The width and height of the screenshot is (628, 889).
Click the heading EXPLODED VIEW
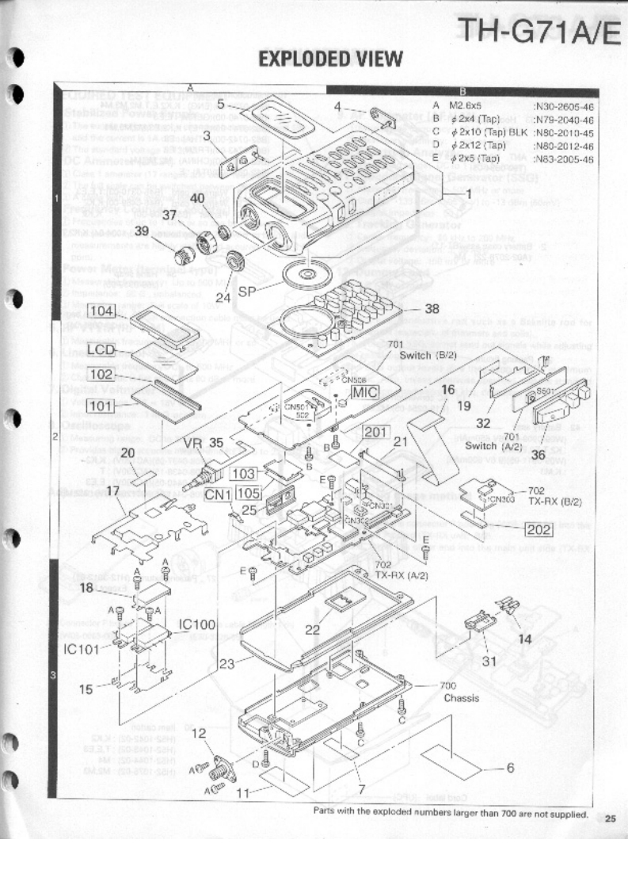tap(331, 59)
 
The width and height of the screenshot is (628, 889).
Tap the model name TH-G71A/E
tap(533, 32)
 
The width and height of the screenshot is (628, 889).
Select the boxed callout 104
tap(101, 311)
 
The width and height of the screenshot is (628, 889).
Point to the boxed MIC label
tap(366, 391)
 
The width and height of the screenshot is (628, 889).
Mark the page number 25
tap(609, 819)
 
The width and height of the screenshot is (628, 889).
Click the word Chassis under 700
tap(461, 699)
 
